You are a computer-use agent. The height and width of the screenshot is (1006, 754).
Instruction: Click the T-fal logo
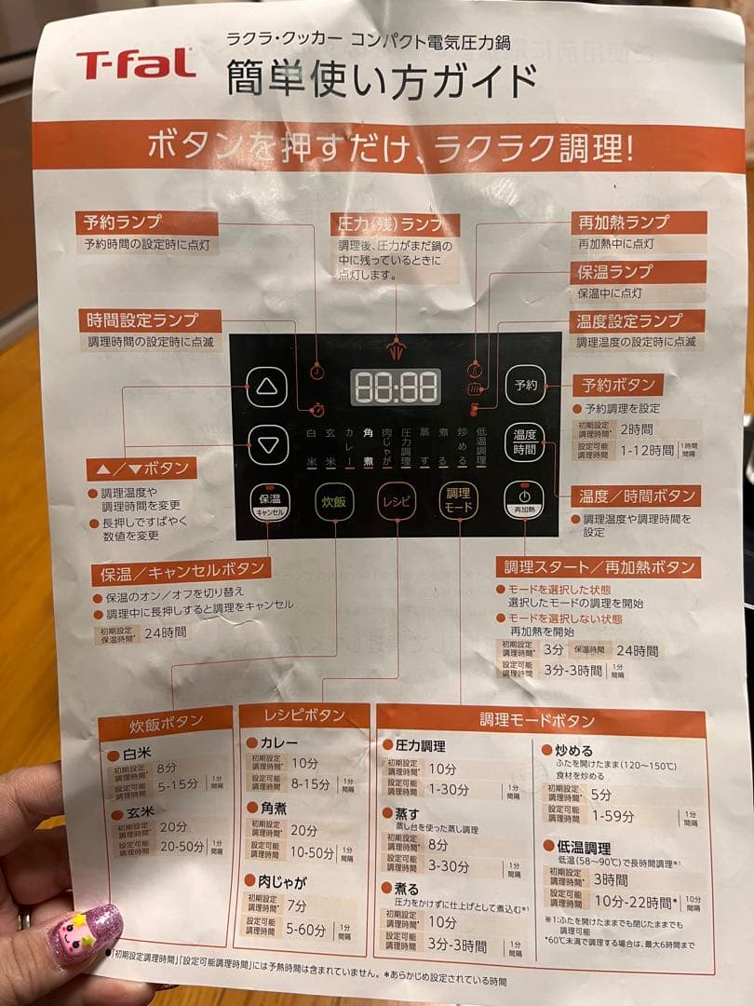point(136,63)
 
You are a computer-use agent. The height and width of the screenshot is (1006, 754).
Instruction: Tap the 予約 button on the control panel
point(525,385)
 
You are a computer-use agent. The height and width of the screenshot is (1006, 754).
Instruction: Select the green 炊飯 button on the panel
point(334,501)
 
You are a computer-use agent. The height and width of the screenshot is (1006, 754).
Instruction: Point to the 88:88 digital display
point(396,386)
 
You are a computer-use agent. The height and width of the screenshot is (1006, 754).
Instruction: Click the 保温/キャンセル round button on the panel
point(269,502)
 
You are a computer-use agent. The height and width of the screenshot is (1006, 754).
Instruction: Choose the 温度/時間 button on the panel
point(524,442)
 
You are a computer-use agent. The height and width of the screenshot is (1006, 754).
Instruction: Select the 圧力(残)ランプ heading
point(395,224)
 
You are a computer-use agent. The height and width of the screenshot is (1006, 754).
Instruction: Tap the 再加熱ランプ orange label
point(638,223)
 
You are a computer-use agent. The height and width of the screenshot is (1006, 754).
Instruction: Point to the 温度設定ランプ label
point(638,321)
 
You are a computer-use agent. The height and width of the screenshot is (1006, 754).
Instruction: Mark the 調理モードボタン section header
point(538,720)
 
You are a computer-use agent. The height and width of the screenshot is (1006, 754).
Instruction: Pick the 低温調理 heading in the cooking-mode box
point(583,848)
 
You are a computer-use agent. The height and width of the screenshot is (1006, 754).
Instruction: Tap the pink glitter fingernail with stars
point(85,934)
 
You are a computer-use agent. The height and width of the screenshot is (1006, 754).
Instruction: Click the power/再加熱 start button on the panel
point(524,501)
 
